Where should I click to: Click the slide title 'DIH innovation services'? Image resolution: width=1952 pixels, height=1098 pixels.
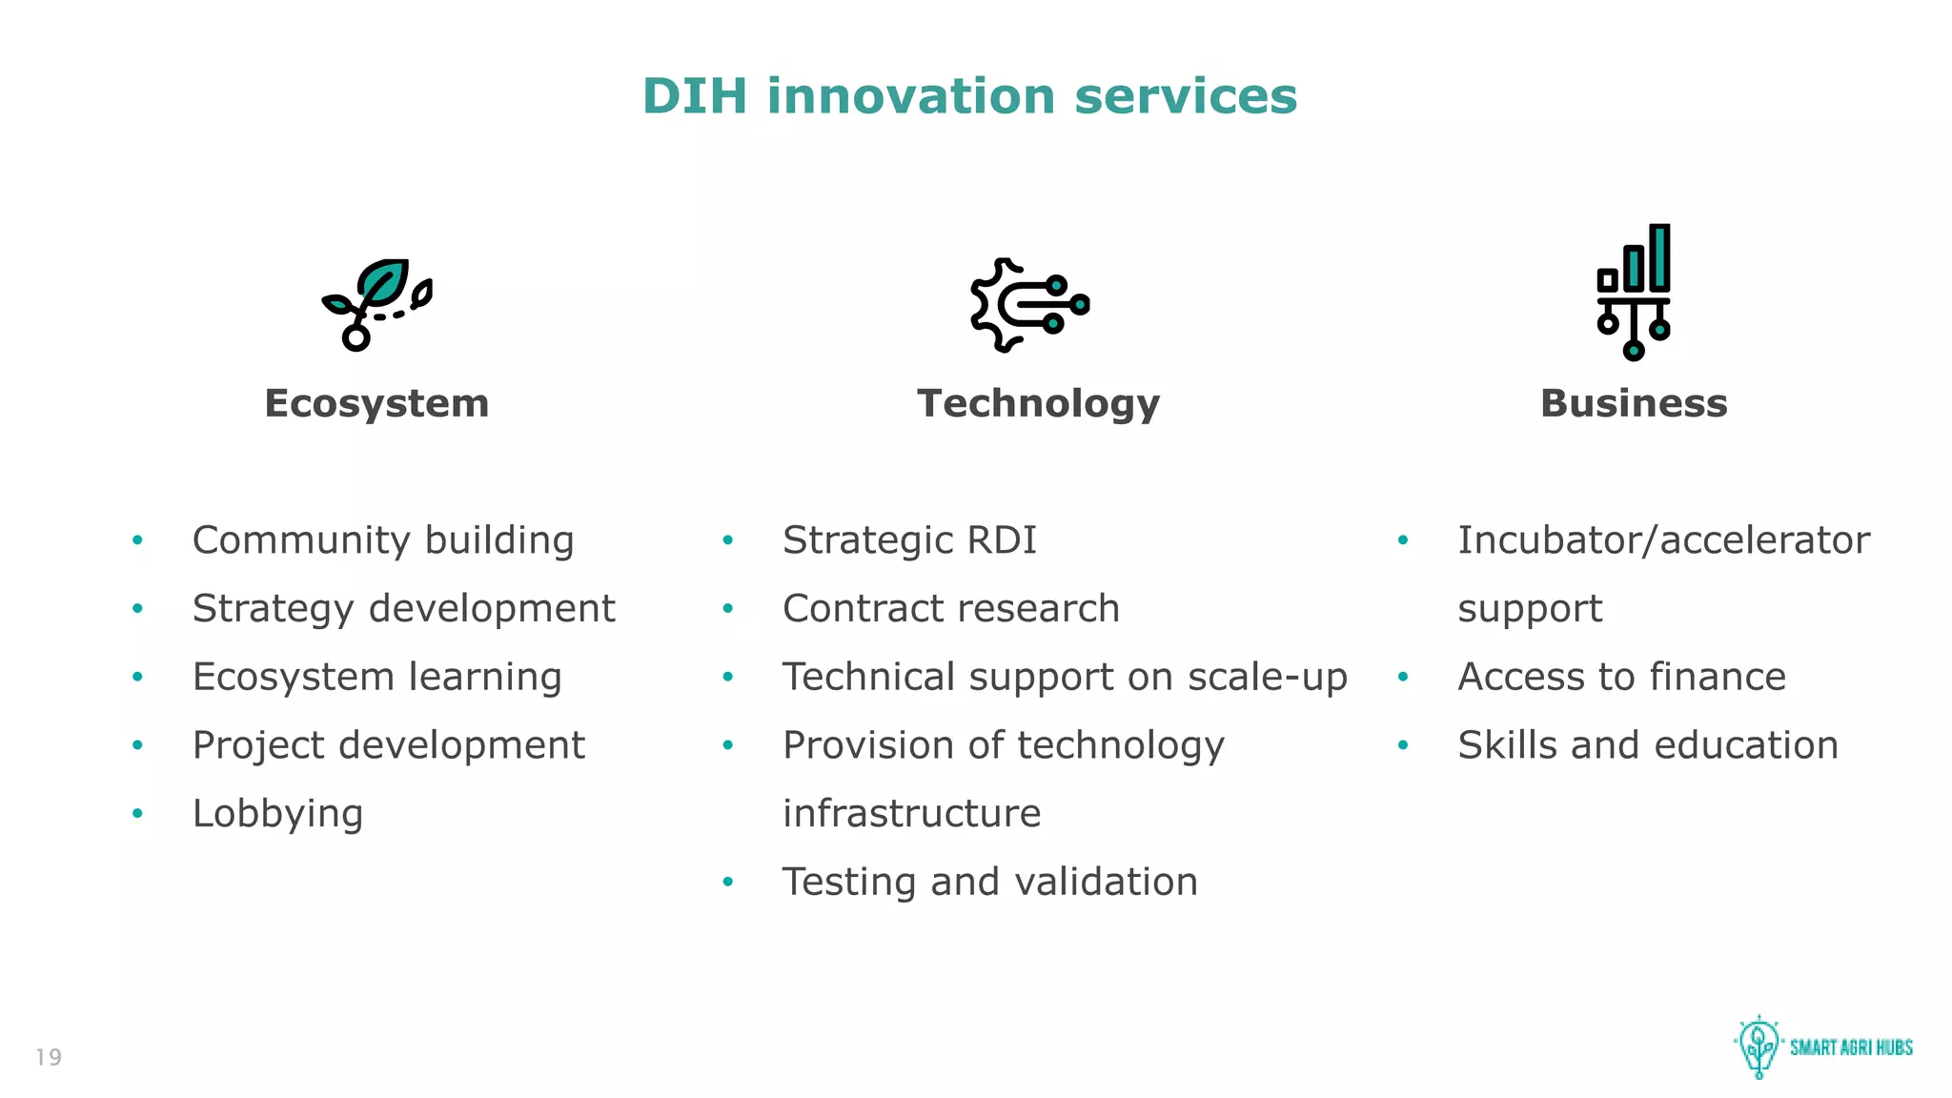[x=969, y=96]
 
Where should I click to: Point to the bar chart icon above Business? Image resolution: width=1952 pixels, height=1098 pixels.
[x=1634, y=292]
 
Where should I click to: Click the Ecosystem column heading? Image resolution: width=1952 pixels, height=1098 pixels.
[x=376, y=403]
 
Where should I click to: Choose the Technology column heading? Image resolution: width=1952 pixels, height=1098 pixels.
[x=1038, y=403]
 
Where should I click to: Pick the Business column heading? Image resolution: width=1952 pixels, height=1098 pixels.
[x=1634, y=403]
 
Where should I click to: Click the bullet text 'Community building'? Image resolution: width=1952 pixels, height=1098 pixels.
[x=383, y=540]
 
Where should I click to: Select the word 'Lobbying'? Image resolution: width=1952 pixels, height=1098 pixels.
[x=277, y=814]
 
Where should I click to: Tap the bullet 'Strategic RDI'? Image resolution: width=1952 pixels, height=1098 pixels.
[x=909, y=540]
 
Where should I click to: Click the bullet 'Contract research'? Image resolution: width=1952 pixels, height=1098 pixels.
[x=950, y=609]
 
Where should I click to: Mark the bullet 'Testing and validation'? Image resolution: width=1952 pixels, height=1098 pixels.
[x=989, y=883]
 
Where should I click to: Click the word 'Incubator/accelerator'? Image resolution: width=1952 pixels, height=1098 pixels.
[x=1663, y=540]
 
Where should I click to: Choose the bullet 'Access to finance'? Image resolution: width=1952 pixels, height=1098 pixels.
[x=1621, y=678]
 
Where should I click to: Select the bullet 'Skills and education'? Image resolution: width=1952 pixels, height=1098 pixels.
[x=1647, y=745]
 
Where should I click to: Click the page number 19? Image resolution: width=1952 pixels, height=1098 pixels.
[x=49, y=1057]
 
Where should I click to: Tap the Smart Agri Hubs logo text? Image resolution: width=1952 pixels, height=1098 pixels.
[x=1851, y=1047]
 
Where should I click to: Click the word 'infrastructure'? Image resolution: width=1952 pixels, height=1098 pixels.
[x=911, y=814]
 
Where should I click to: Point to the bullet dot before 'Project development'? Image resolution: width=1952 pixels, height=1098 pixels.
[x=138, y=745]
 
